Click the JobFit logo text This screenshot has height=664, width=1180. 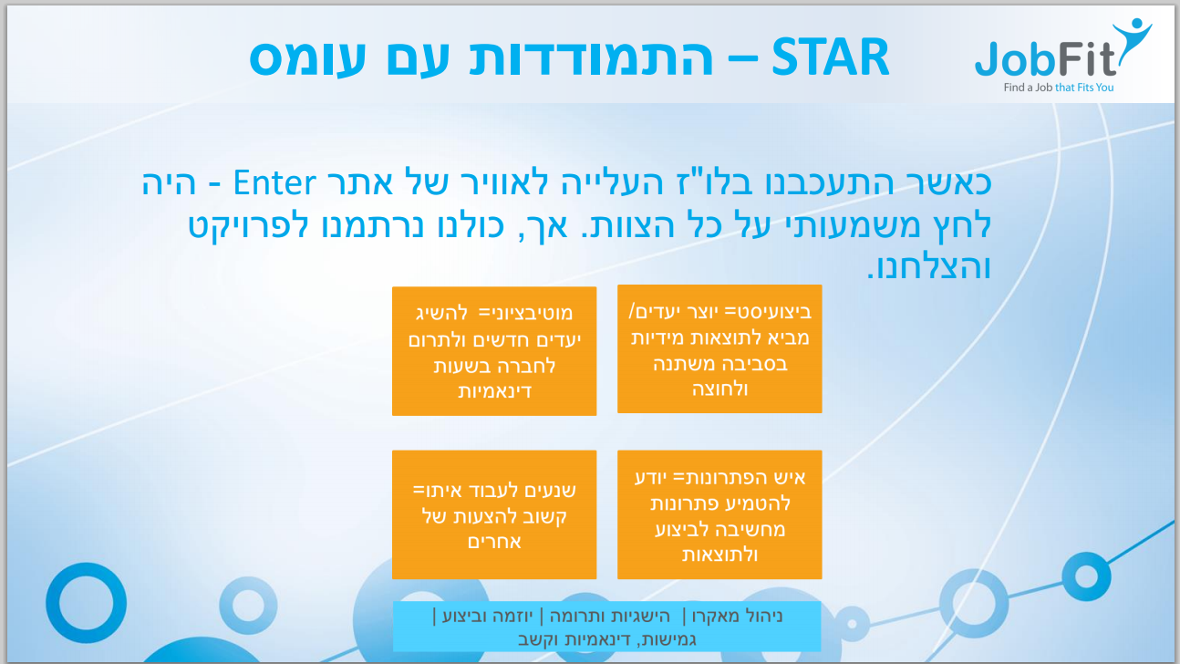tap(1045, 59)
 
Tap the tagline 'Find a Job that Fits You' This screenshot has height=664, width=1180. tap(1059, 88)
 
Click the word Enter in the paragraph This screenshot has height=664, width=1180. tap(274, 182)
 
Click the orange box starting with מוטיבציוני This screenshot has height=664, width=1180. tap(494, 351)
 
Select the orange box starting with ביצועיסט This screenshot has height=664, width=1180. tap(719, 348)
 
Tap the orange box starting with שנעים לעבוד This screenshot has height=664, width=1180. tap(494, 514)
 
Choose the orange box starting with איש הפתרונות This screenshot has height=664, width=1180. tap(719, 514)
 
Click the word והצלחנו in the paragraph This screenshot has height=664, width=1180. tap(929, 267)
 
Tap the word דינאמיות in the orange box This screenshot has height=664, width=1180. tap(494, 391)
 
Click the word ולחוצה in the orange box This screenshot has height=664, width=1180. tap(719, 389)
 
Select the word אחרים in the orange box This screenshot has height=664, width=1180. tap(494, 542)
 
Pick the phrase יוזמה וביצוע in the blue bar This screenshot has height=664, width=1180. tap(488, 616)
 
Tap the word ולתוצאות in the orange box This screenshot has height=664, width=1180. tap(719, 555)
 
